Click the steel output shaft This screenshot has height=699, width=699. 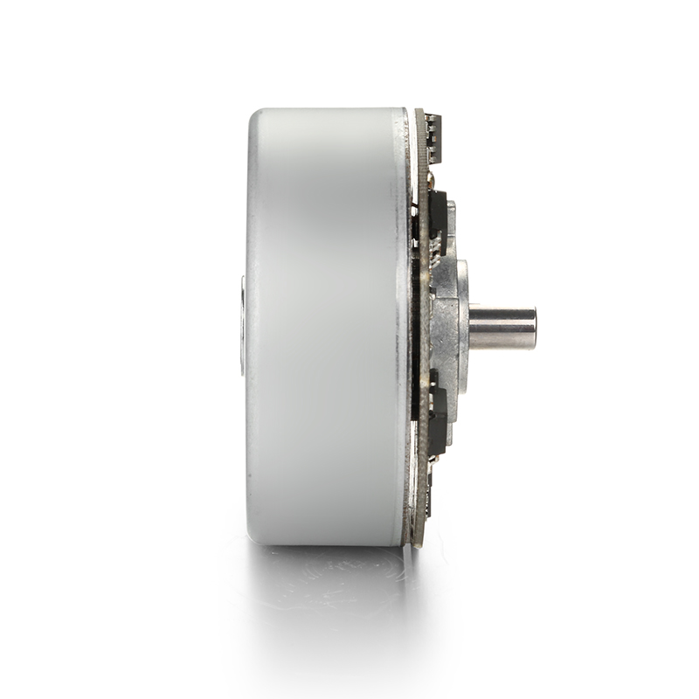coord(502,328)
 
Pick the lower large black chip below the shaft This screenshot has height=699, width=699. coord(438,419)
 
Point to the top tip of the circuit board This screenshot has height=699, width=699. coord(419,112)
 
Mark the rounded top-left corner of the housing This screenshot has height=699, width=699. coord(255,117)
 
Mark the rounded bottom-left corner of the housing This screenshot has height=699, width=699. coord(256,535)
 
